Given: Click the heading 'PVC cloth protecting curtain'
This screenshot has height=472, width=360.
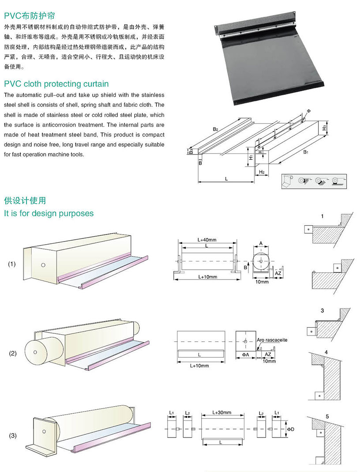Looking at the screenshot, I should pos(56,84).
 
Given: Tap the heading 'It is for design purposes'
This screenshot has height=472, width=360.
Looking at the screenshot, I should pos(49,213).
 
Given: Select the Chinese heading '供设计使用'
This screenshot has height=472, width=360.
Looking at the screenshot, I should pos(25,201).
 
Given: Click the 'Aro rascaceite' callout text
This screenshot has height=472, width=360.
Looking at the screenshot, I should pos(272,340).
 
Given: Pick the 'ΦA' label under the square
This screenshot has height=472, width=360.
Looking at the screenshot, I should pos(245,354).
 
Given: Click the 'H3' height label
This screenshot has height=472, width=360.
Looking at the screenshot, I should pos(324,127).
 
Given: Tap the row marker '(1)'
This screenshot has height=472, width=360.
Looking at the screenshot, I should pos(12,264).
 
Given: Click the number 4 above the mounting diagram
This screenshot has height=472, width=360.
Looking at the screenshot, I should pos(326,352).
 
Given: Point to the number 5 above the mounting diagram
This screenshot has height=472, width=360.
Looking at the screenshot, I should pos(327,416).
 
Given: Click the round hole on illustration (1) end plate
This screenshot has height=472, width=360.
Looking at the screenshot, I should pos(43,265).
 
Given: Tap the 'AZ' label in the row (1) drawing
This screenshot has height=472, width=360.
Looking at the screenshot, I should pos(278,274).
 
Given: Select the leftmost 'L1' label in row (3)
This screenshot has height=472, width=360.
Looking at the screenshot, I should pos(171,412).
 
